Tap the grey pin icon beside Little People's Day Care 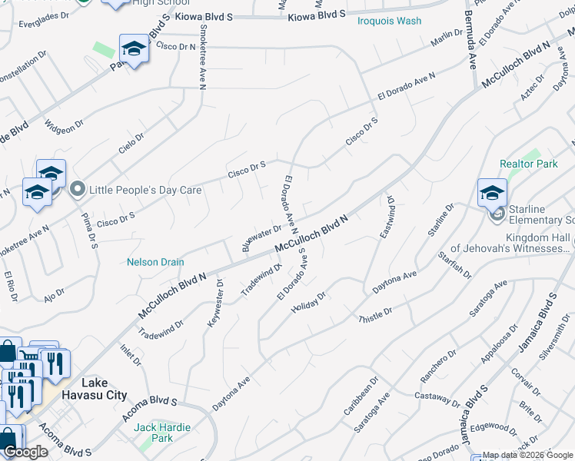pos(77,189)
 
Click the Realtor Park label pos(528,164)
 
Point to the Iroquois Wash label pos(389,21)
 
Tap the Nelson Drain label pos(155,262)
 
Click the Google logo pos(25,452)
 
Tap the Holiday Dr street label pos(309,303)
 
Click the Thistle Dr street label pos(375,315)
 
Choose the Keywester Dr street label pos(214,304)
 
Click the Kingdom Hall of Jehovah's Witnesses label pos(510,243)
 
